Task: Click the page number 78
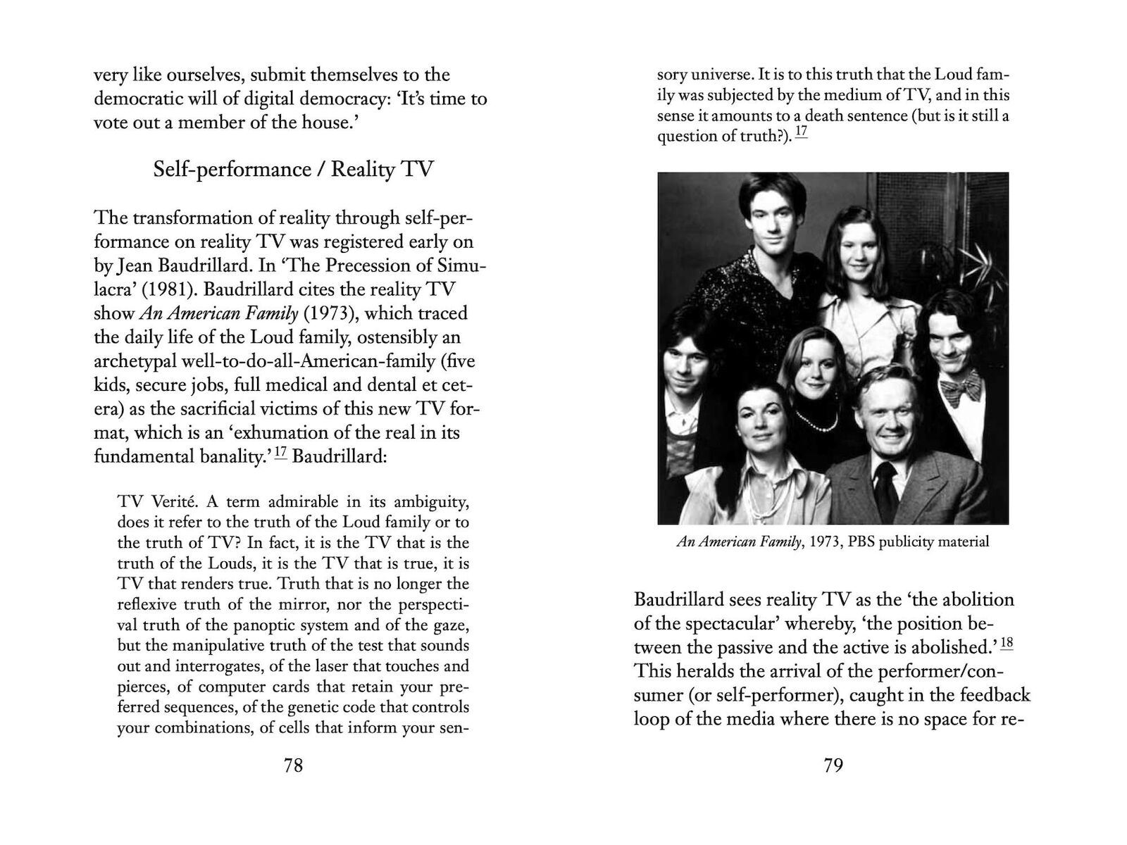coord(293,765)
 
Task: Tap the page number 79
coord(833,765)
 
